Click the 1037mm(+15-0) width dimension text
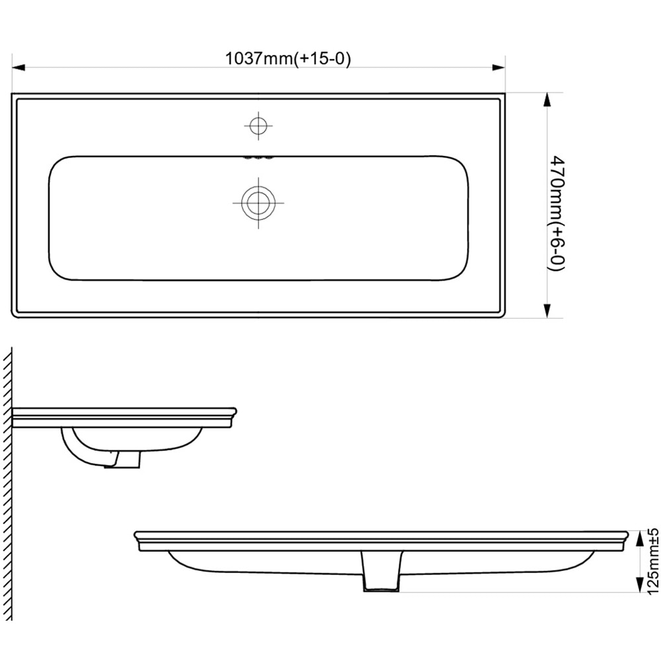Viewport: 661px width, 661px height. click(x=288, y=58)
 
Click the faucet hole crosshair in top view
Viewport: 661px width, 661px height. click(x=258, y=125)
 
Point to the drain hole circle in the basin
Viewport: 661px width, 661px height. click(x=258, y=202)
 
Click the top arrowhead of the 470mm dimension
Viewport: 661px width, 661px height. click(x=547, y=99)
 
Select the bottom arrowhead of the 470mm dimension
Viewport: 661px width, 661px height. click(x=547, y=311)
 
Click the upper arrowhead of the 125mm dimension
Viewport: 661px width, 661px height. click(x=639, y=539)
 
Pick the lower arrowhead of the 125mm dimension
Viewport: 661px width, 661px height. click(x=639, y=586)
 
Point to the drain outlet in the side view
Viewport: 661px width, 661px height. click(x=126, y=457)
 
